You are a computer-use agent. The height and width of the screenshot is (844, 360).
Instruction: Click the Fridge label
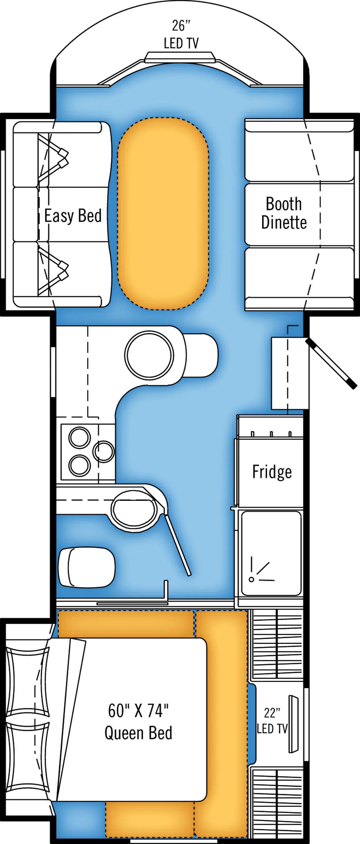272,472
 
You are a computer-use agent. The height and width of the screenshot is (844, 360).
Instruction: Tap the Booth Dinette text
284,213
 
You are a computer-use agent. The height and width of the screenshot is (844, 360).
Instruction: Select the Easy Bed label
73,216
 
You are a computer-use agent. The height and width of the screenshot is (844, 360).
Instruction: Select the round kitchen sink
149,355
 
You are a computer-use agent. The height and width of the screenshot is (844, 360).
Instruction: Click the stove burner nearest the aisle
104,452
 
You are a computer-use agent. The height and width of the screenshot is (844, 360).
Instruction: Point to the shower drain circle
252,579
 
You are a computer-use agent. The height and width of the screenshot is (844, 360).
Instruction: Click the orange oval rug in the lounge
163,214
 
